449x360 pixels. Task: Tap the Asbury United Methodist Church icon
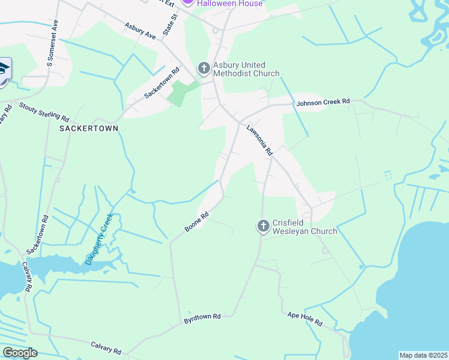203,68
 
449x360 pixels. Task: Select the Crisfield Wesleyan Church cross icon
263,226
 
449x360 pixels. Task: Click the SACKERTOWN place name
88,128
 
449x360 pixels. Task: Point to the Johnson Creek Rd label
323,102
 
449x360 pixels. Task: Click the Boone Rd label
196,221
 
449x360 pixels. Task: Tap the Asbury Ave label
140,32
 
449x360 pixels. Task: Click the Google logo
20,353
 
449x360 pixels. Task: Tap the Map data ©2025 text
423,355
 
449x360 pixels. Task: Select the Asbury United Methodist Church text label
246,69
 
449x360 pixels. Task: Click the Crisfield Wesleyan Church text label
304,226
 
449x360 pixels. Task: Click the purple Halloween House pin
188,2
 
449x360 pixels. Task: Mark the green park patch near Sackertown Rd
181,93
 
